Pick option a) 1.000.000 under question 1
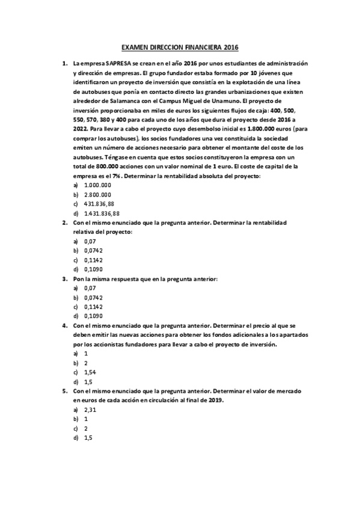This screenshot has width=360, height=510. [x=97, y=186]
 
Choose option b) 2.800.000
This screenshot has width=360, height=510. [x=97, y=195]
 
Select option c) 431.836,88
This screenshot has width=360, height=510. [x=99, y=204]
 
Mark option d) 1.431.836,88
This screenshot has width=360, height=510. [x=102, y=213]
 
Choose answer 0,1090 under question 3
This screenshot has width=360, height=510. [x=94, y=315]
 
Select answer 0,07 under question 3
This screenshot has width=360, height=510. [x=90, y=288]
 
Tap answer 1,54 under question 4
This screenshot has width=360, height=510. [x=90, y=372]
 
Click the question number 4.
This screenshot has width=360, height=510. [x=64, y=325]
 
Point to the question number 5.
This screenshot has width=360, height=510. [x=64, y=391]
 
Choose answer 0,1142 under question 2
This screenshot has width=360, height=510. [x=94, y=260]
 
